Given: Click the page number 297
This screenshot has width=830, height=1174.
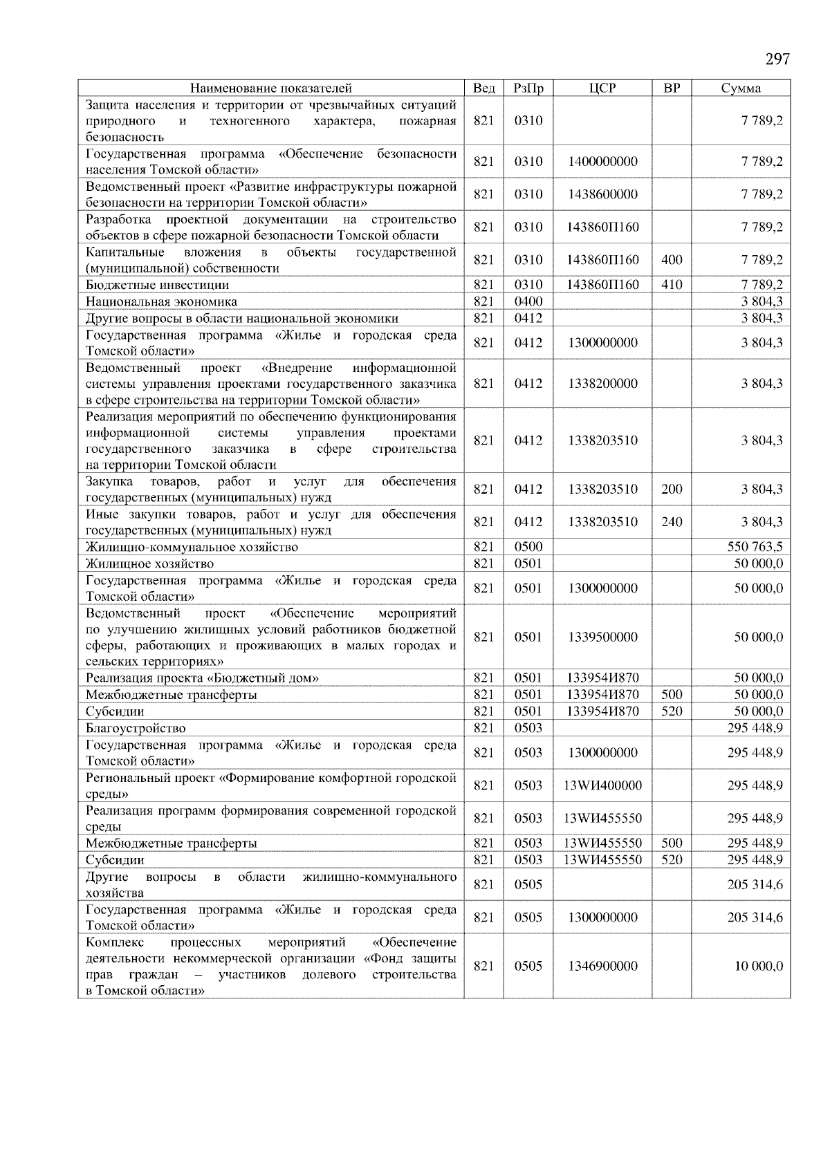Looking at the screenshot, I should (777, 59).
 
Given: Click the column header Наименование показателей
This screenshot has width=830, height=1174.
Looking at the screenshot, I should (270, 88).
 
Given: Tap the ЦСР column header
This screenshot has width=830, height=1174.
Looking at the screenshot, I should (602, 88).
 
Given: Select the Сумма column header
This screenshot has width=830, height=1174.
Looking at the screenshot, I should (741, 88).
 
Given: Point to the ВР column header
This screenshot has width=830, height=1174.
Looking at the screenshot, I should (672, 88).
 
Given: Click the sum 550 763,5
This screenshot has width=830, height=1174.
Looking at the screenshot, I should (755, 547).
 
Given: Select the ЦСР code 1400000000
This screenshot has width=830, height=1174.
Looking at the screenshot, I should (602, 162).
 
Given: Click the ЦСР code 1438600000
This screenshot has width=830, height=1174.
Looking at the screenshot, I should (602, 194).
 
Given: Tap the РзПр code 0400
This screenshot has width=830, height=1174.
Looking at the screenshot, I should (528, 301).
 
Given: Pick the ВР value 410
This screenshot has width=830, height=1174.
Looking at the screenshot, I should (672, 285).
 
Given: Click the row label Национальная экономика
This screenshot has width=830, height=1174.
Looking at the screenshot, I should (161, 301).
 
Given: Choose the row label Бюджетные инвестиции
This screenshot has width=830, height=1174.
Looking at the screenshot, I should (157, 285).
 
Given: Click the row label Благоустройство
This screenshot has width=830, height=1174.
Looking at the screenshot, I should (136, 728).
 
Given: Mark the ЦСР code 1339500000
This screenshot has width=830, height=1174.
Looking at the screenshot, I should (602, 637).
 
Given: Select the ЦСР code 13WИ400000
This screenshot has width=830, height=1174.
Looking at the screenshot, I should (602, 785).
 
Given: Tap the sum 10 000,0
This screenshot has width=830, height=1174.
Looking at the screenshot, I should (758, 966).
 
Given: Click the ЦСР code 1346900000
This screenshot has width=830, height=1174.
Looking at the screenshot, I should (602, 966).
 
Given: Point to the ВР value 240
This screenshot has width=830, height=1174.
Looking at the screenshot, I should (672, 522).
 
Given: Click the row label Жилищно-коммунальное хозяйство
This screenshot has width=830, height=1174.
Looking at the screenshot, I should (192, 547).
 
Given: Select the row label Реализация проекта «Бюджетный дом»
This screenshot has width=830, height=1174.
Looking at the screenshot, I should (202, 678).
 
